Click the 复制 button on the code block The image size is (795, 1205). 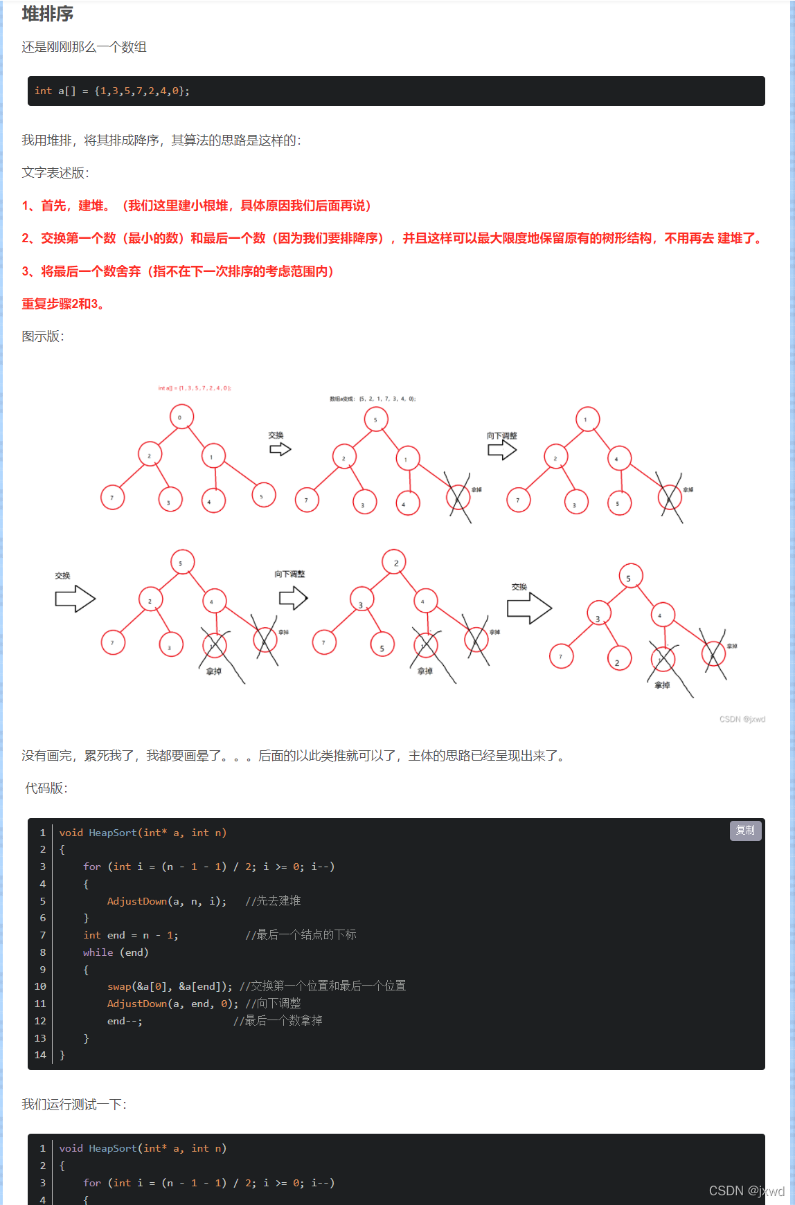click(x=745, y=831)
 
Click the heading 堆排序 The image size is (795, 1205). click(x=47, y=14)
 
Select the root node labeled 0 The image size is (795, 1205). click(x=181, y=417)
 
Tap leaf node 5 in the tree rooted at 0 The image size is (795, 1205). click(x=263, y=495)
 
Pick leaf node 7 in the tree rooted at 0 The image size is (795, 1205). click(x=112, y=497)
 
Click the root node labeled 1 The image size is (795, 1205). click(x=587, y=419)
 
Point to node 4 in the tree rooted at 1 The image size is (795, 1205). click(x=618, y=458)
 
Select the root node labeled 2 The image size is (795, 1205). click(x=395, y=563)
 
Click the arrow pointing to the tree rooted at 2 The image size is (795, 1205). click(x=293, y=598)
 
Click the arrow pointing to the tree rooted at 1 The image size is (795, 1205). click(x=502, y=451)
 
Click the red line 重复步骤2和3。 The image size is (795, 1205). click(x=63, y=304)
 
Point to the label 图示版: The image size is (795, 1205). click(x=43, y=336)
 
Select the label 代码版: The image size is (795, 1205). click(x=46, y=788)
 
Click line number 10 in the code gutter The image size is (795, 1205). click(x=40, y=986)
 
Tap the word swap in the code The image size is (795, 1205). click(x=119, y=986)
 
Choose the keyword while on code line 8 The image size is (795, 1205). click(x=98, y=952)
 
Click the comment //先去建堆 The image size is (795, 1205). click(x=273, y=901)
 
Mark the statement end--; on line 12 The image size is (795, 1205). click(x=125, y=1021)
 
